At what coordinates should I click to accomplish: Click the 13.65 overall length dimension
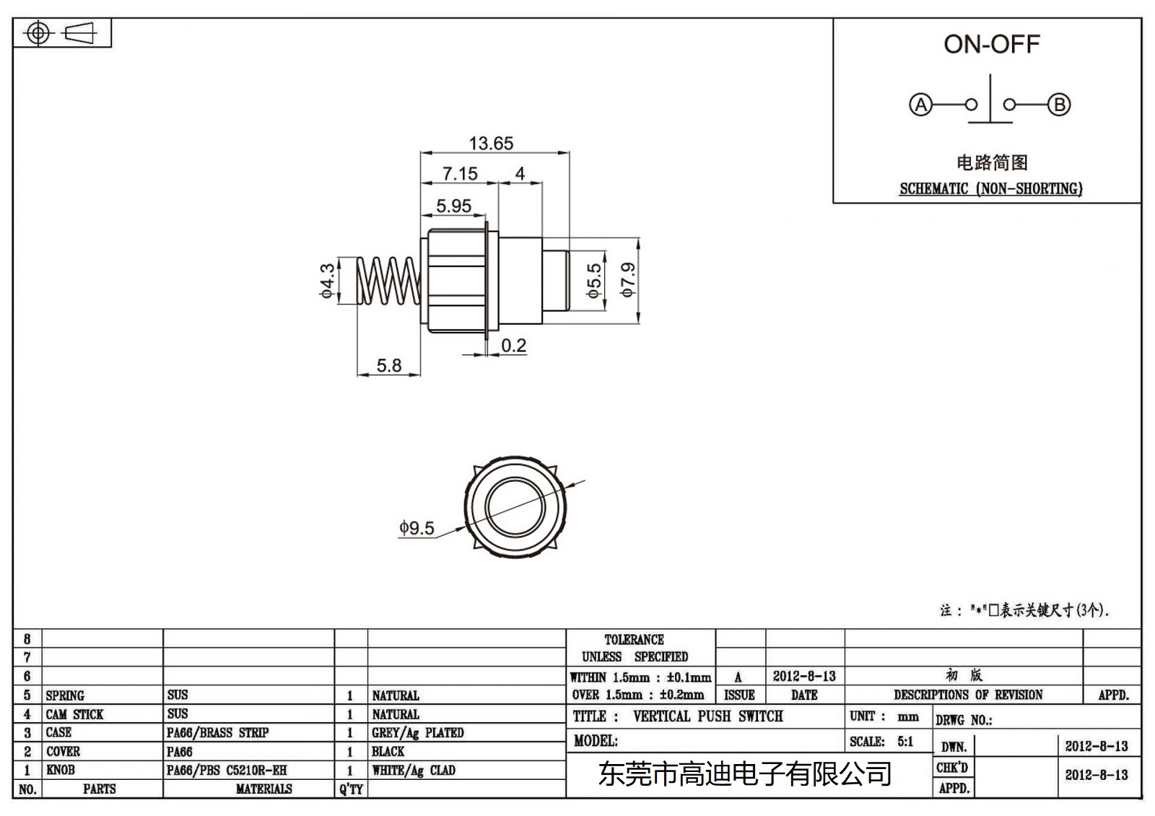coord(491,144)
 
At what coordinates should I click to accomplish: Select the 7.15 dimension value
coord(460,174)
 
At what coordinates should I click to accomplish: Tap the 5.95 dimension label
coord(453,206)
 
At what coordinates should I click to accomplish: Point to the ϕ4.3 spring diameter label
coord(328,281)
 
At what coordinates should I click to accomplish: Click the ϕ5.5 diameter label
coord(593,281)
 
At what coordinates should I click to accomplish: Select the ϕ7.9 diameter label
coord(628,280)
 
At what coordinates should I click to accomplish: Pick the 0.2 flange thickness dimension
coord(513,346)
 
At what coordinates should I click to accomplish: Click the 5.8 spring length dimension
coord(389,366)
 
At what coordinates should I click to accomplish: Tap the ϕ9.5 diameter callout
coord(417,528)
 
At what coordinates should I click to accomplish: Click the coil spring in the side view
coord(389,281)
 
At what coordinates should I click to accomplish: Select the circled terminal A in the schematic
coord(920,105)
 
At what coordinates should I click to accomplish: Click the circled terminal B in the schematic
coord(1059,105)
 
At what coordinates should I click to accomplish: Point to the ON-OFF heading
coord(991,45)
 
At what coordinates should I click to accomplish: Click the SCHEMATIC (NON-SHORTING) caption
coord(990,189)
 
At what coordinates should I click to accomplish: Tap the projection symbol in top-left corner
coord(62,33)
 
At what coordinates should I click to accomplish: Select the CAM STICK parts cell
coord(75,714)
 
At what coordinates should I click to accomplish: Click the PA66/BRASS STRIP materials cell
coord(217,733)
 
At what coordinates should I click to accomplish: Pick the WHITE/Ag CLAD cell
coord(414,771)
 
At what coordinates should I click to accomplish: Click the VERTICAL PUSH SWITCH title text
coord(707,716)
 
